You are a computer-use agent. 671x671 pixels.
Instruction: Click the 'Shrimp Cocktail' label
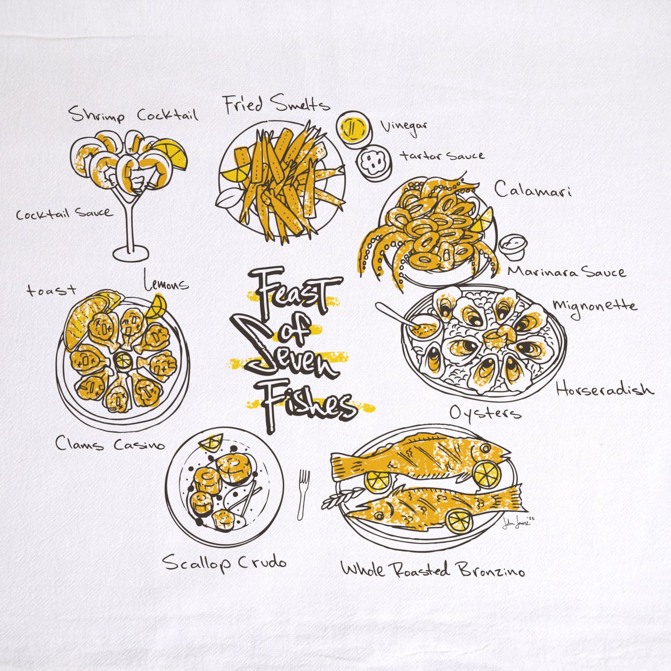click(x=134, y=114)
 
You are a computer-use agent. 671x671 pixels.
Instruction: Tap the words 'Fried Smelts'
click(x=277, y=105)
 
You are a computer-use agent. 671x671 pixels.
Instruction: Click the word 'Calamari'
click(x=532, y=189)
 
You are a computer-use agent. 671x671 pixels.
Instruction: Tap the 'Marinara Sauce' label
click(x=566, y=271)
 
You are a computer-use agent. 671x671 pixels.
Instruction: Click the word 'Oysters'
click(x=485, y=413)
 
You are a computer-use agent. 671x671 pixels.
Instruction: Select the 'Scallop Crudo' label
click(x=224, y=563)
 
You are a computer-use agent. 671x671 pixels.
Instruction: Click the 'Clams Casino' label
click(x=110, y=444)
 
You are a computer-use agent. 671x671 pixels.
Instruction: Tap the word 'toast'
click(x=51, y=291)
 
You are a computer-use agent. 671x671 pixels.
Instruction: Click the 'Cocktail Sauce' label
click(x=64, y=214)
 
